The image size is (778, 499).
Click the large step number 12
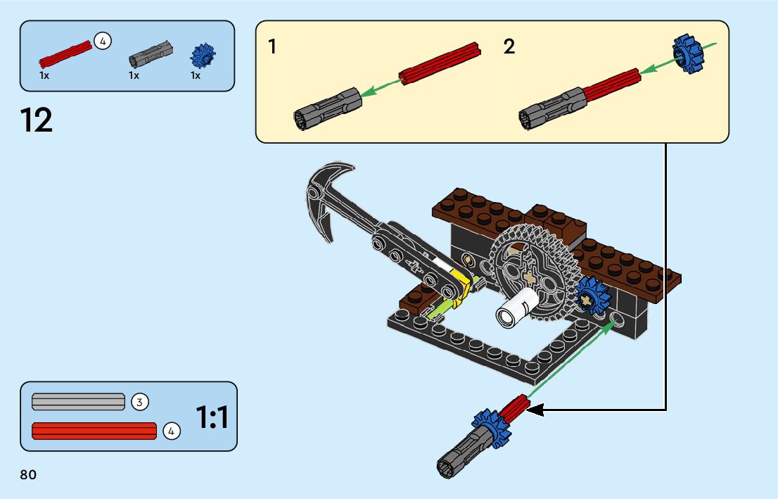(37, 121)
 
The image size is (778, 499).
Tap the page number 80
(28, 475)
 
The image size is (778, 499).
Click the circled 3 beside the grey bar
(140, 402)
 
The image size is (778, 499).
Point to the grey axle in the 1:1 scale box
(78, 402)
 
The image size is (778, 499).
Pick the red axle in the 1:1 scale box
(94, 430)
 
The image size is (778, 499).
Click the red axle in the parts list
(65, 53)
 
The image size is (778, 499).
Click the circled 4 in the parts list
(103, 42)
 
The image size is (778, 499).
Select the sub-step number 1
(272, 47)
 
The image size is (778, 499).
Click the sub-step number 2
(509, 47)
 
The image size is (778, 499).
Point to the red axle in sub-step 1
(440, 64)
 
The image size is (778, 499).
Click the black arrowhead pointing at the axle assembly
(535, 409)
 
